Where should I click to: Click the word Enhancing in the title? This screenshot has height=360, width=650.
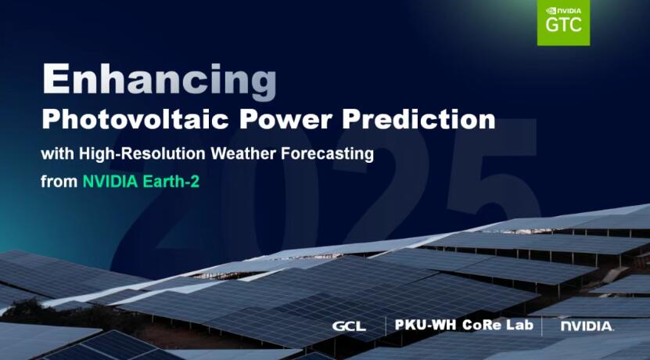160,81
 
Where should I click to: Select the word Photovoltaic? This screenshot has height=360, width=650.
135,120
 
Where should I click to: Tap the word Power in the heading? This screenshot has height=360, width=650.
285,120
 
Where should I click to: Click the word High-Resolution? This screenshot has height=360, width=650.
142,154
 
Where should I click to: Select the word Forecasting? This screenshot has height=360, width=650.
328,154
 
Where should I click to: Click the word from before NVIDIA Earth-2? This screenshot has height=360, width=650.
59,182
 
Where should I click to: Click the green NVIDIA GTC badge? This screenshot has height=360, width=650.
563,23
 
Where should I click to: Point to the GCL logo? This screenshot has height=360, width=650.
349,326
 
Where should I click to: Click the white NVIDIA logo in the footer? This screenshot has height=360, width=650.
587,326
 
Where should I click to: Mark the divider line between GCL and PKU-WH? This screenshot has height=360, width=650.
386,326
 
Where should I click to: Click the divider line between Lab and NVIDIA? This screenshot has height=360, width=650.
542,326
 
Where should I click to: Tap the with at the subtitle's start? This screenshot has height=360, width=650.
58,154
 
